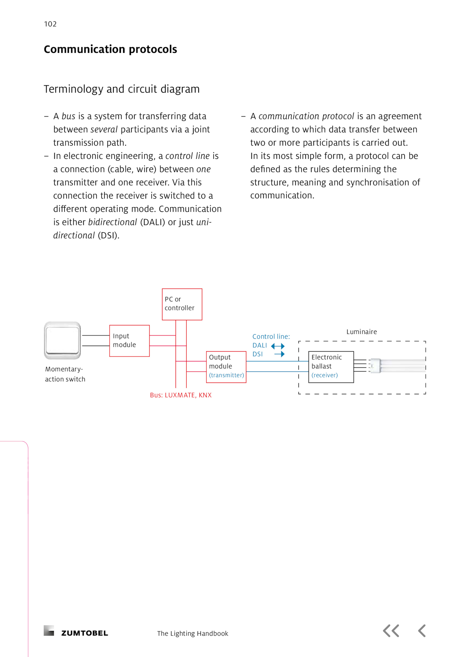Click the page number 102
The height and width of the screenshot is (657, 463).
coord(50,24)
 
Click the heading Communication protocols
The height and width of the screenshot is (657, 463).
coord(110,49)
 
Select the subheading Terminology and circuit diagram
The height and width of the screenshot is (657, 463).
coord(122,89)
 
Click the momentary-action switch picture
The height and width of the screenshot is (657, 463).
coord(62,340)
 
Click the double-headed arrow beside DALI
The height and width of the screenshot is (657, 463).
coord(278,346)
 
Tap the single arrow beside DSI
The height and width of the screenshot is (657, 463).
coord(279,354)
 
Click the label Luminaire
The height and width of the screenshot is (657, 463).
coord(361,332)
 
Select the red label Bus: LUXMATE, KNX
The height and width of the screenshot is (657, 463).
coord(181,395)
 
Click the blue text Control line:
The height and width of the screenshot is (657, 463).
coord(271,337)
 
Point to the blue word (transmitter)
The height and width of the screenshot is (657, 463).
coord(226,375)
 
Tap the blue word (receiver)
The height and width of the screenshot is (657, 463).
coord(324,375)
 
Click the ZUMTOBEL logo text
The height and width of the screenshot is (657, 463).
coord(84,633)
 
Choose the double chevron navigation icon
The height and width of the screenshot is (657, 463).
coord(391,631)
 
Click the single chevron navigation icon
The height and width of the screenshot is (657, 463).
coord(422,631)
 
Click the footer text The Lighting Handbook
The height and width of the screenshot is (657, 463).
coord(192,634)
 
